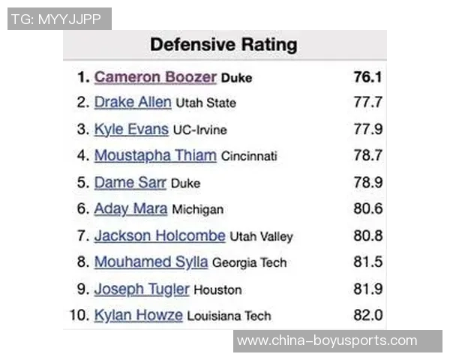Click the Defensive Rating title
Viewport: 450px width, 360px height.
223,45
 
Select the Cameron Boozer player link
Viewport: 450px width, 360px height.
155,77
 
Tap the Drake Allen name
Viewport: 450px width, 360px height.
133,103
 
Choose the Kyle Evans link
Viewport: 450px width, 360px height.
131,129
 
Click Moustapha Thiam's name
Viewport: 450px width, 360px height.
155,156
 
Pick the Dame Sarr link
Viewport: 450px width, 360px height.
130,182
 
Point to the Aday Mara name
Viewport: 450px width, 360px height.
130,209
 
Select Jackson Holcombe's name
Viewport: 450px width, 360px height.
160,235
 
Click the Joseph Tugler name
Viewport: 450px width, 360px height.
142,289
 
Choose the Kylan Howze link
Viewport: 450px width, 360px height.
138,315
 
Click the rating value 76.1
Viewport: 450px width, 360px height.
368,77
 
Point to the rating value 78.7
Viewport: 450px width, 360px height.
368,156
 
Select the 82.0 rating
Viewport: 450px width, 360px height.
368,315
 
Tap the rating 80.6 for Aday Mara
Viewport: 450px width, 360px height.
368,209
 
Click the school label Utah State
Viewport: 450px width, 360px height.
205,103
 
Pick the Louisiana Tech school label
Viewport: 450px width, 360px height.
229,316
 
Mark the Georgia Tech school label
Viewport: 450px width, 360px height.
249,263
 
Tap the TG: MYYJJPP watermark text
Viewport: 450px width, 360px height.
58,19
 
